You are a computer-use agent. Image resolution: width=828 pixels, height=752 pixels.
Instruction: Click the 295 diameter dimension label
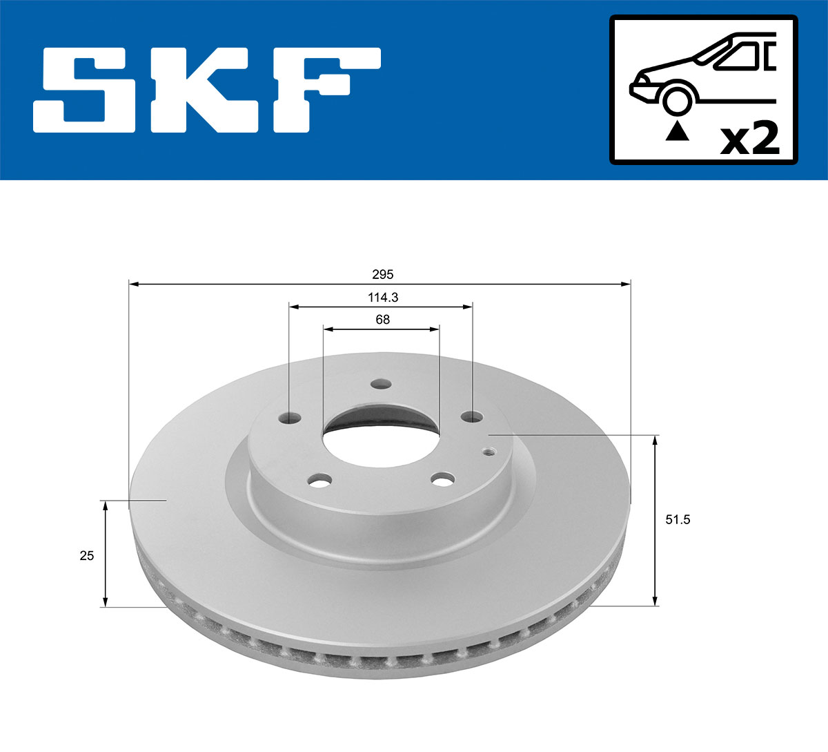pos(382,274)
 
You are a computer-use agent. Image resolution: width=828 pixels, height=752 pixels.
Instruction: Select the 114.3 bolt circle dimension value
pos(382,298)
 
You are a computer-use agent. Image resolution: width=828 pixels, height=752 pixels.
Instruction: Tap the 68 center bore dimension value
pos(382,320)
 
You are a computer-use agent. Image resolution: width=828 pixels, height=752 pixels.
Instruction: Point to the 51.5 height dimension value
pos(677,520)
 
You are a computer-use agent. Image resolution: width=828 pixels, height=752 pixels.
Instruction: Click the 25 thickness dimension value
pos(86,555)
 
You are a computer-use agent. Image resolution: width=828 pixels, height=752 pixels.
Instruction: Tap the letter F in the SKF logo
pos(324,90)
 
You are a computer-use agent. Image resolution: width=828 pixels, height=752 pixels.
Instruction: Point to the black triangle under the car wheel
pos(677,131)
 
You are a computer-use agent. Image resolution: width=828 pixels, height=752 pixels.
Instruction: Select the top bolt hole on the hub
pos(380,385)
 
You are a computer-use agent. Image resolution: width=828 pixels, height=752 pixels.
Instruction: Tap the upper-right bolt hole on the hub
pos(472,416)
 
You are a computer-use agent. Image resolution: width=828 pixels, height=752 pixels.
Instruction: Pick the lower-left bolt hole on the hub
pos(319,480)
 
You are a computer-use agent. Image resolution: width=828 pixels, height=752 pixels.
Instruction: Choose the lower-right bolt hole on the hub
pos(442,478)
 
